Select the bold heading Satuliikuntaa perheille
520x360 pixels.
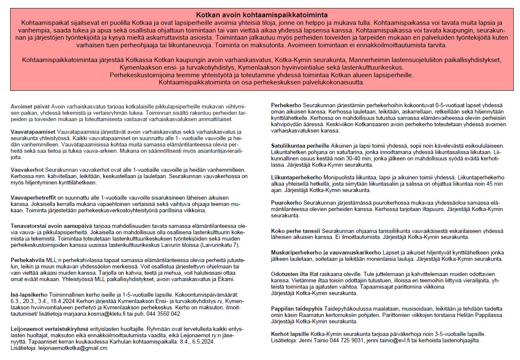(x=300, y=146)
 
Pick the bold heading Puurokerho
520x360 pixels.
(x=286, y=203)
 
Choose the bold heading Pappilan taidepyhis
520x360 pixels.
(x=297, y=309)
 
